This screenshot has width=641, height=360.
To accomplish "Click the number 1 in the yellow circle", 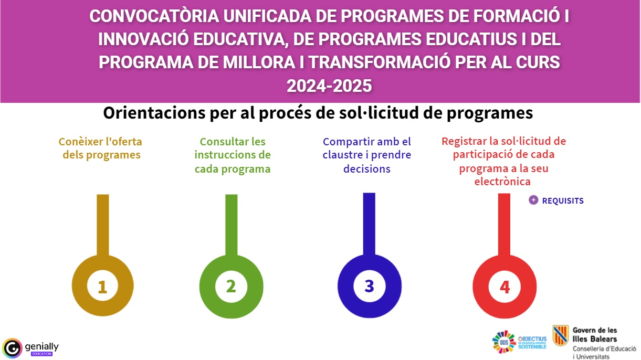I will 102,287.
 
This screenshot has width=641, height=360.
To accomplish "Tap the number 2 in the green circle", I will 231,286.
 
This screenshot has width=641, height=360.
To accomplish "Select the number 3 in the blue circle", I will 369,286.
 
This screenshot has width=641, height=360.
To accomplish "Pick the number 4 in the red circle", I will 505,287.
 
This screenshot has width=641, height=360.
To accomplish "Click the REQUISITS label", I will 563,201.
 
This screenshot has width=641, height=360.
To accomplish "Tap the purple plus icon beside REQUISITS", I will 533,200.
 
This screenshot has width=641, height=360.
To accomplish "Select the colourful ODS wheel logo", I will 503,342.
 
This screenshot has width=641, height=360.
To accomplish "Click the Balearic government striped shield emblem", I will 561,336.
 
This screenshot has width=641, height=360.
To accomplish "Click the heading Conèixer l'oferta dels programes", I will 100,148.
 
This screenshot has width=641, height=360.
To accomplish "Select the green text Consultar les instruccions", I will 233,148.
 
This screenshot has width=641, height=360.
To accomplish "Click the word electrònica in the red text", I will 502,182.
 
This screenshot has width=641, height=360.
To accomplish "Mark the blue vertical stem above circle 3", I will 369,223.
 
